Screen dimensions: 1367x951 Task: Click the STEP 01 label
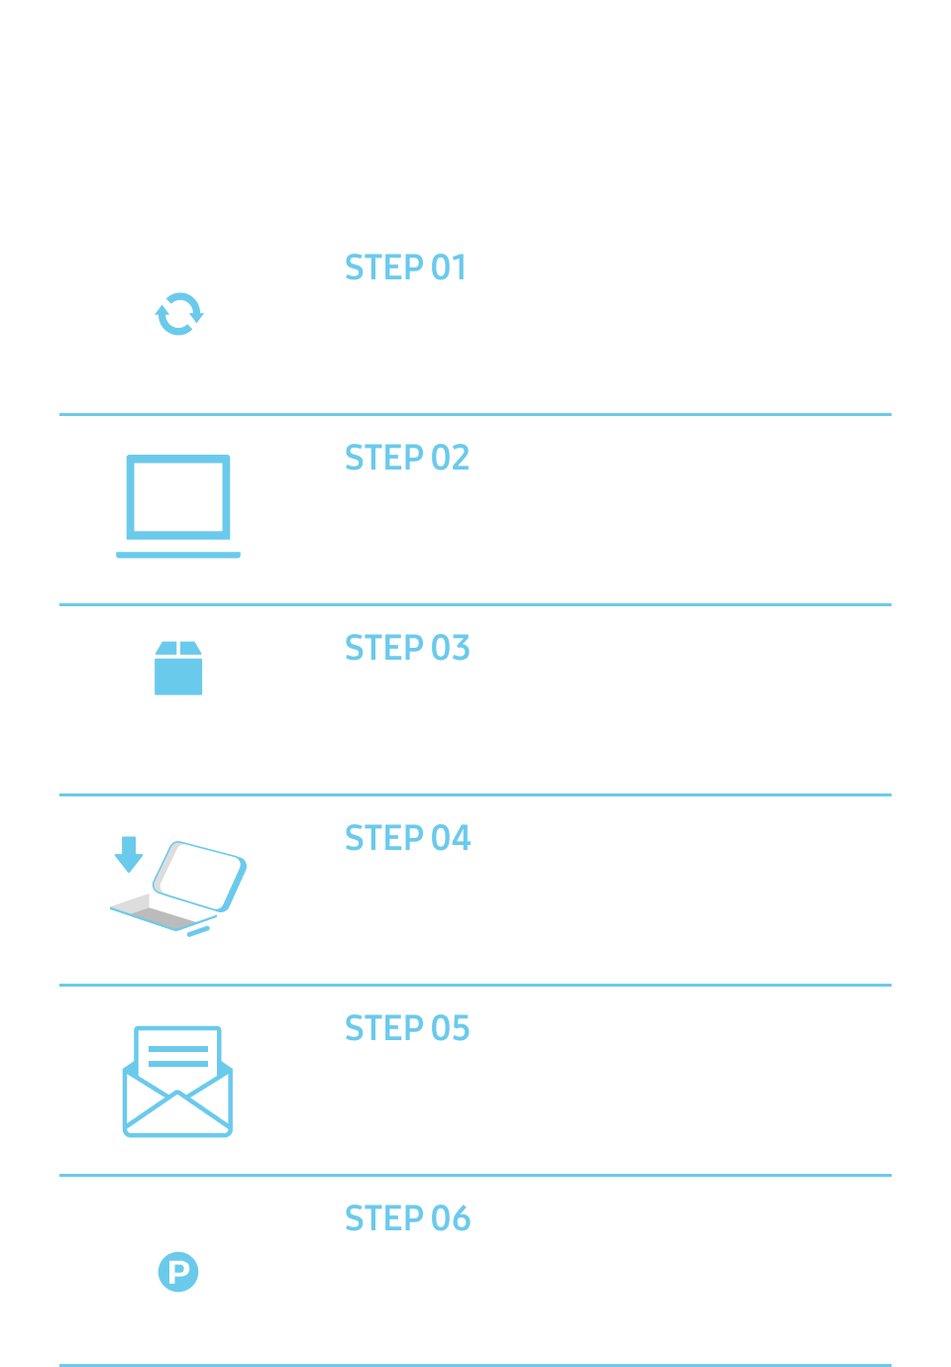404,267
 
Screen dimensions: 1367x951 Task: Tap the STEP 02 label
406,458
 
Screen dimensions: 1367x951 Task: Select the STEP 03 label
406,648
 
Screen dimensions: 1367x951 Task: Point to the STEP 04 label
406,838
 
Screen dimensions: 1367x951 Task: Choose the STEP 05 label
406,1028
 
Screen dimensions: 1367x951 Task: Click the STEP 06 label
406,1218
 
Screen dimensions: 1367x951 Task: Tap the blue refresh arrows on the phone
178,313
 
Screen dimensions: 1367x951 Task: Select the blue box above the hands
178,669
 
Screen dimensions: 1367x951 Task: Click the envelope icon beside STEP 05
177,1083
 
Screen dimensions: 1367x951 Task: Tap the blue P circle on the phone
178,1271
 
